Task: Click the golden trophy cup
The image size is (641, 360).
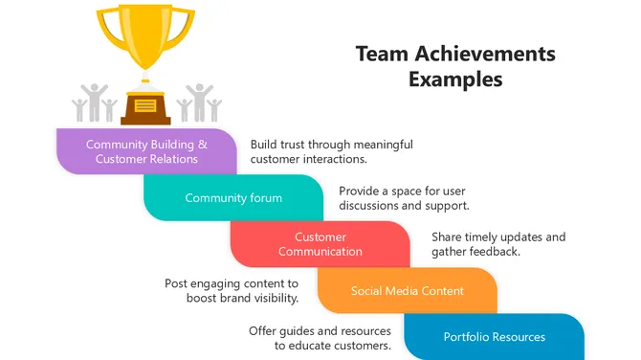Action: point(145,38)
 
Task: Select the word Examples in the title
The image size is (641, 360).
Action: point(455,79)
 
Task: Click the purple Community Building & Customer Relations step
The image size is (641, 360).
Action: point(146,151)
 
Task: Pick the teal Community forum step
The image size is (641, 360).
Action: point(233,198)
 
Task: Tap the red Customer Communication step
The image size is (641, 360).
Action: point(320,244)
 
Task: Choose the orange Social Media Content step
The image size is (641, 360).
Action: point(407,290)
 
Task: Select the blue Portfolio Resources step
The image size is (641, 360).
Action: point(494,336)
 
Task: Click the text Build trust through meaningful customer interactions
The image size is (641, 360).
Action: point(331,151)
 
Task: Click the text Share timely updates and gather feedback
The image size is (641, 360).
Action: point(497,244)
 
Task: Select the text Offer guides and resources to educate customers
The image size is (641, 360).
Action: point(320,337)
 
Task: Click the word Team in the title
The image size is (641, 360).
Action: point(378,54)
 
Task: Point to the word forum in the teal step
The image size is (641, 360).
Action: point(264,198)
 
